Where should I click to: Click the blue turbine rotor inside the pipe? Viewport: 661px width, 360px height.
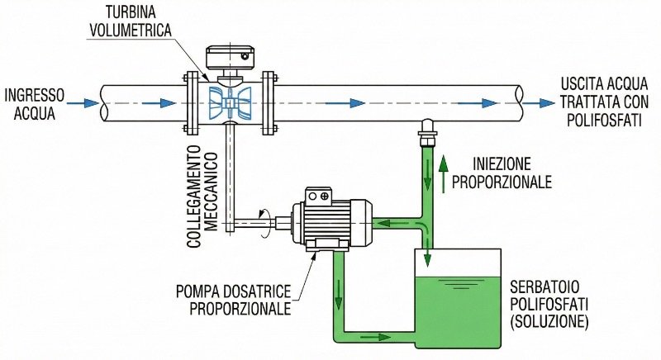[228, 103]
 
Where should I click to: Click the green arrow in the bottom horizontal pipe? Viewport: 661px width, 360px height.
[377, 337]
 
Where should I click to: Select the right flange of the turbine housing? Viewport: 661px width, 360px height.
[267, 103]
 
